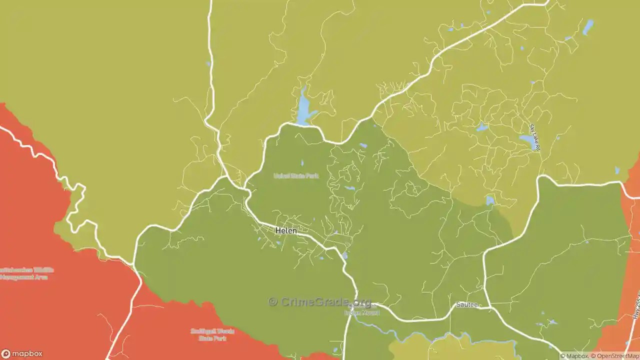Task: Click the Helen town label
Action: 286,231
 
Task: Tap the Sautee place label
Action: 466,304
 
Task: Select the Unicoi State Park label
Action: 296,176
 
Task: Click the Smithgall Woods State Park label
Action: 212,334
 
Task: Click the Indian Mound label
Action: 362,312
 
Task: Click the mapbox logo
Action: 22,353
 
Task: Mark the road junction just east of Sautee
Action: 487,307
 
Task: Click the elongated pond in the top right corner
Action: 588,27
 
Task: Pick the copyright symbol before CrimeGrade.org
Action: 272,302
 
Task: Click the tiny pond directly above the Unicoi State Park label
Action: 302,163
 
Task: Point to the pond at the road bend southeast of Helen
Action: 345,255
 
